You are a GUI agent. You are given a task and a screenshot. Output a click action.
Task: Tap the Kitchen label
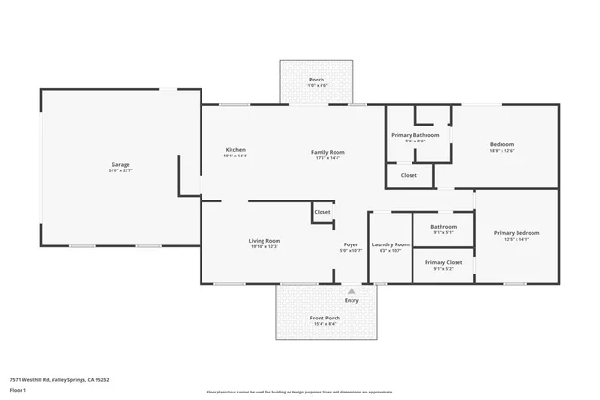[x=235, y=151]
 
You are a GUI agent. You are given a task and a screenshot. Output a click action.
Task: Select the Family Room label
[x=329, y=152]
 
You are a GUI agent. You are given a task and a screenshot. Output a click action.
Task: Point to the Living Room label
[x=264, y=241]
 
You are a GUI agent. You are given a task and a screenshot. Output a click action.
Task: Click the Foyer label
[x=351, y=245]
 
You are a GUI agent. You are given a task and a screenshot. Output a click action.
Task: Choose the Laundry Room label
[x=390, y=245]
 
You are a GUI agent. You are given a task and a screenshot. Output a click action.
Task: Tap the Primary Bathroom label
[x=414, y=135]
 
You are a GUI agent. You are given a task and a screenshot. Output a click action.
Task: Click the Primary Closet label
[x=443, y=263]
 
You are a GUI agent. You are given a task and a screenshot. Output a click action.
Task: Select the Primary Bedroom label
[x=517, y=233]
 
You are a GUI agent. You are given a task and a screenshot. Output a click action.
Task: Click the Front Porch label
[x=325, y=319]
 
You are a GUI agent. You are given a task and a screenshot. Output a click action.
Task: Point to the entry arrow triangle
[x=352, y=290]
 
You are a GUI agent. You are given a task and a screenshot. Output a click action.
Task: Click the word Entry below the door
[x=352, y=300]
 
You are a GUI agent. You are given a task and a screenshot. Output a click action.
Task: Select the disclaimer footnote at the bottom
[x=299, y=393]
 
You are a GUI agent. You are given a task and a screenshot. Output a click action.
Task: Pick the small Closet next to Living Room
[x=322, y=212]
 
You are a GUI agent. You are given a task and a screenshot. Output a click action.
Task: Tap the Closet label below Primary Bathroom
[x=410, y=175]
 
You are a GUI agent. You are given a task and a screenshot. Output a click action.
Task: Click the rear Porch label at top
[x=317, y=80]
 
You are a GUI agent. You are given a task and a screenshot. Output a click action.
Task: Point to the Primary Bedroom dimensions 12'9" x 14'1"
[x=517, y=240]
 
